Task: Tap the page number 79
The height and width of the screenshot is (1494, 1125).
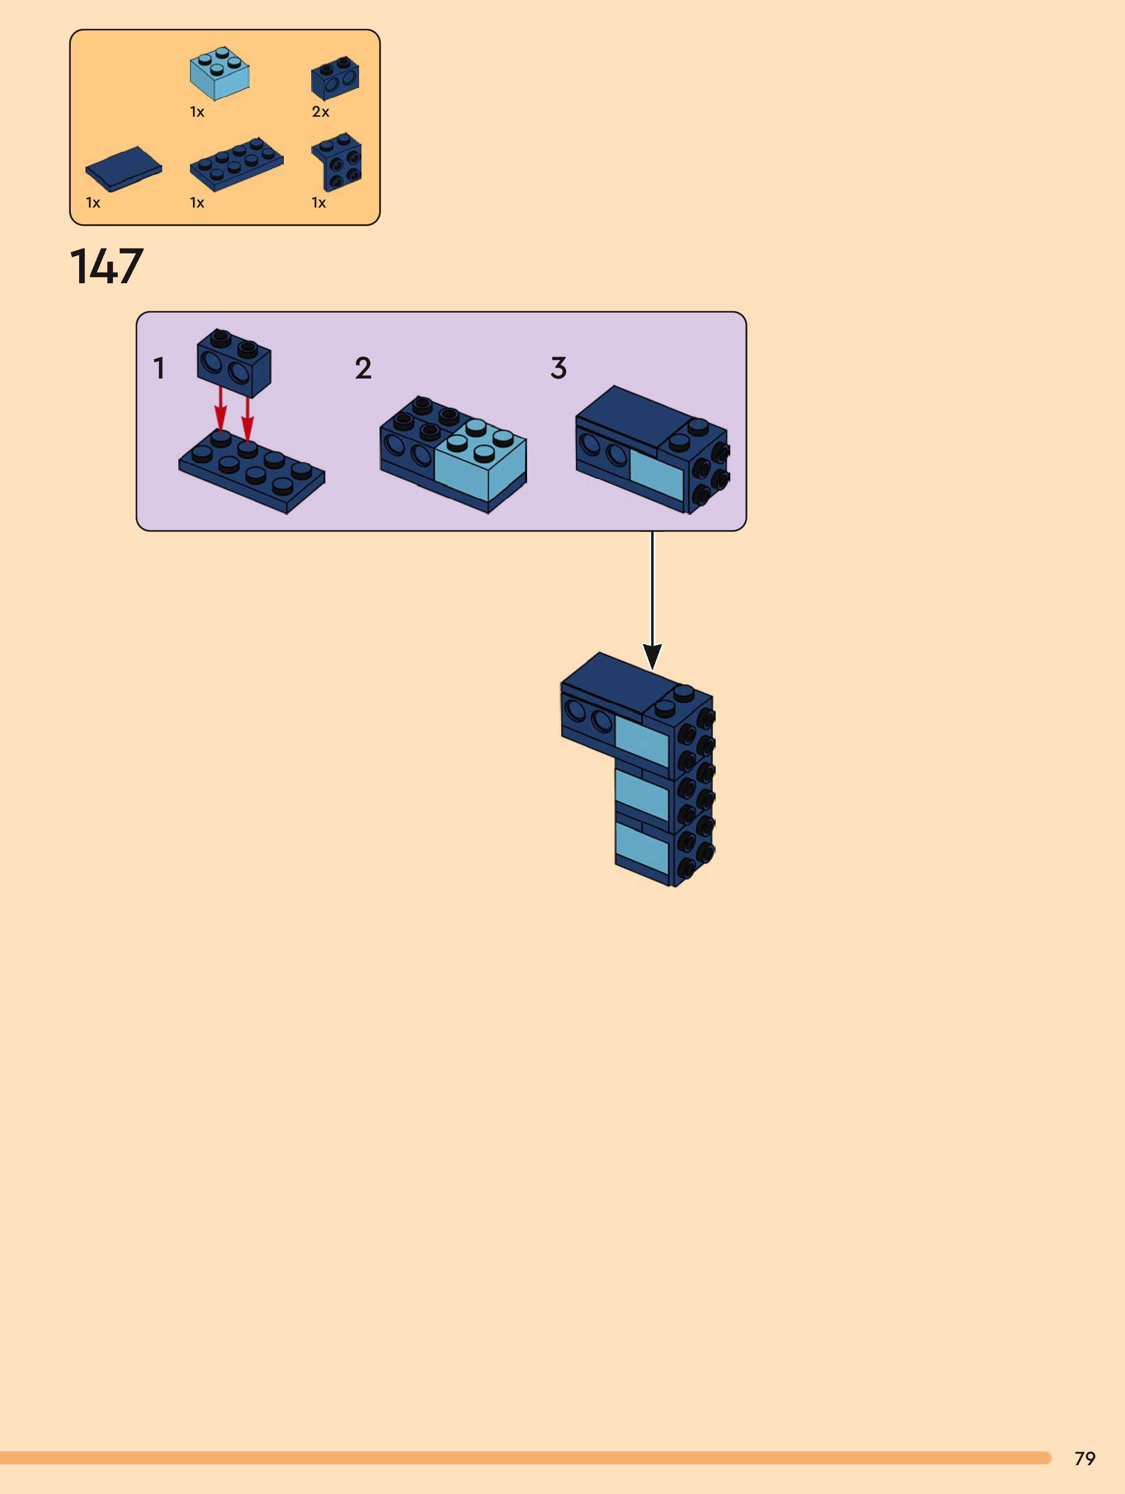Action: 1084,1458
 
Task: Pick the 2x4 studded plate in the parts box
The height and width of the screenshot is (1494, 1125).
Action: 236,164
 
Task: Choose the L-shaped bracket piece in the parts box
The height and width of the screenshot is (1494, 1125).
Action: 337,162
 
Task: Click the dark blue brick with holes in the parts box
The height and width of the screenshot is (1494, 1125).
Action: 335,78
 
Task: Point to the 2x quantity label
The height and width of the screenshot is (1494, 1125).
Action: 320,112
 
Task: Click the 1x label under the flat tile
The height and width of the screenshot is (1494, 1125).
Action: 92,203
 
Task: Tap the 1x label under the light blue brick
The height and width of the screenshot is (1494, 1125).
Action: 197,112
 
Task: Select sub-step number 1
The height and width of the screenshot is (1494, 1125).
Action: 159,369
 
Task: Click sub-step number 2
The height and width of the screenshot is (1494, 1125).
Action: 363,368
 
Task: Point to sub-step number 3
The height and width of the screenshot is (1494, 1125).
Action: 558,368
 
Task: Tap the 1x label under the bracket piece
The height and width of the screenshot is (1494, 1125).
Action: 318,203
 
